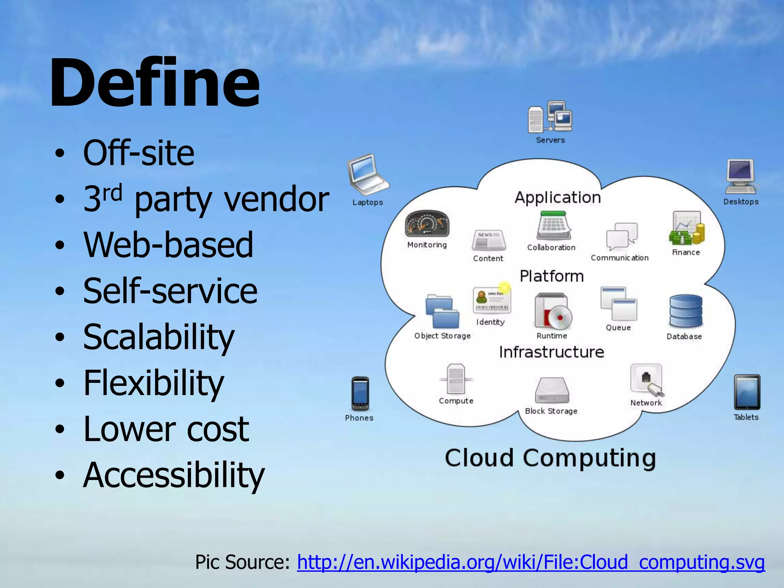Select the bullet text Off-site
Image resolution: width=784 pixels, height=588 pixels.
pos(139,153)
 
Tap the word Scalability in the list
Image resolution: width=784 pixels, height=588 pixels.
pos(158,337)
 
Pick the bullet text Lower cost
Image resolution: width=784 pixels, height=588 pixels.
pos(166,429)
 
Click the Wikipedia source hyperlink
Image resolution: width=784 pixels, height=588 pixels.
pos(531,562)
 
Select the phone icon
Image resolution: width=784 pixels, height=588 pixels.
pos(360,394)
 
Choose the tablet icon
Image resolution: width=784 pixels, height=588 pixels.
pos(746,392)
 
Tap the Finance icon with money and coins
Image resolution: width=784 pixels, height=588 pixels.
pos(687,228)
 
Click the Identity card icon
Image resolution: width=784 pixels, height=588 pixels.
pos(492,301)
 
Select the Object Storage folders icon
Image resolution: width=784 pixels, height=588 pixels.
pos(442,311)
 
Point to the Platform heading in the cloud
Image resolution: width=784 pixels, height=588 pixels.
pos(552,276)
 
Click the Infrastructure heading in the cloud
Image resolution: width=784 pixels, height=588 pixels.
pos(551,352)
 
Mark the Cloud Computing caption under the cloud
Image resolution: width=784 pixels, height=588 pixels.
pos(550,458)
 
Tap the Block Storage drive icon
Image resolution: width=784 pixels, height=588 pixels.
pos(552,390)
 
